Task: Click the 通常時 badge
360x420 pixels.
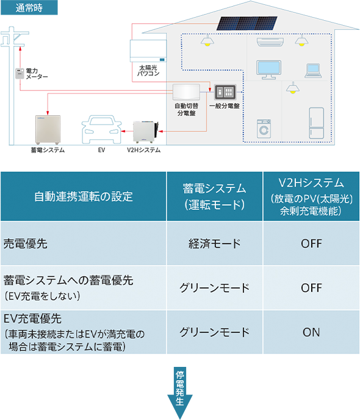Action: point(29,7)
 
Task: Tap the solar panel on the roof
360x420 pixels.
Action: point(247,23)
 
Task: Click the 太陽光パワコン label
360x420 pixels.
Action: point(148,70)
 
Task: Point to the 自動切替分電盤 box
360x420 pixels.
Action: point(186,92)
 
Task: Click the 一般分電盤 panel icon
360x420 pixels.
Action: point(225,92)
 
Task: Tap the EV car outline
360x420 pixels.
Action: point(101,129)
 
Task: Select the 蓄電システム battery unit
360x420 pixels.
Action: point(48,130)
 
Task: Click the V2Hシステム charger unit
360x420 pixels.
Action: point(146,132)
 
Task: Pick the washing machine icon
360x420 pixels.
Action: point(264,129)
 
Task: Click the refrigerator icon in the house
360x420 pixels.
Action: point(316,123)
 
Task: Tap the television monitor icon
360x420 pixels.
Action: point(268,70)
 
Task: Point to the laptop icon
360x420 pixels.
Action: point(313,71)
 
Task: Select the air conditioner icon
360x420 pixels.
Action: point(270,42)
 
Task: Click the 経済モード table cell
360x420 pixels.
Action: point(214,244)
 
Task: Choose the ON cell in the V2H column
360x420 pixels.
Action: point(311,332)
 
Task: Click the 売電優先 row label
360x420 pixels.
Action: point(26,244)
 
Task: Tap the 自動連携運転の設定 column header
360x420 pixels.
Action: point(83,197)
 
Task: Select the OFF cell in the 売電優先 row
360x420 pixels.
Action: point(311,244)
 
